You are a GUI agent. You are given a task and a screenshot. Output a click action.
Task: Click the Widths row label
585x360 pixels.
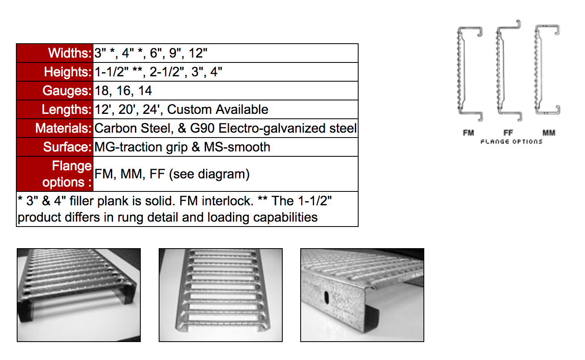[x=69, y=53]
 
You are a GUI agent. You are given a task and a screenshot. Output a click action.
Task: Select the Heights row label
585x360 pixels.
[x=67, y=72]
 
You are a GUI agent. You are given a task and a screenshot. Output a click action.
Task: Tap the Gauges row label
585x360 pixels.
[x=66, y=91]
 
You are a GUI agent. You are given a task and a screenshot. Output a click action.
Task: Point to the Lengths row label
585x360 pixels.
[x=66, y=109]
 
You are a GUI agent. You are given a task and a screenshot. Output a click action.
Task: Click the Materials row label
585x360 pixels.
[x=63, y=128]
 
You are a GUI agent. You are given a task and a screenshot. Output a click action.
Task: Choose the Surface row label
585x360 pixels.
[x=67, y=147]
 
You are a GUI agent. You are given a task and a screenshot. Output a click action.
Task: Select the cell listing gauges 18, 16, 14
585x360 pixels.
[x=123, y=91]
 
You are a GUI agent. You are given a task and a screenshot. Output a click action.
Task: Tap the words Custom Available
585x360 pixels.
[x=217, y=109]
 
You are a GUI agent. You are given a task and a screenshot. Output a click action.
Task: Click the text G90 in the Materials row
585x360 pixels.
[x=202, y=128]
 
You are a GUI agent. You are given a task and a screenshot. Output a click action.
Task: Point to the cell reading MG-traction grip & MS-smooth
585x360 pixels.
[x=182, y=147]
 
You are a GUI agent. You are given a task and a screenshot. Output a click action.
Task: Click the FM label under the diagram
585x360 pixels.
[x=468, y=133]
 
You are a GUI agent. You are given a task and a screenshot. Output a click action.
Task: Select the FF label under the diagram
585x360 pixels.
[x=508, y=133]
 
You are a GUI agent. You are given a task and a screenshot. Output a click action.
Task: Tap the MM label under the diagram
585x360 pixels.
[x=549, y=133]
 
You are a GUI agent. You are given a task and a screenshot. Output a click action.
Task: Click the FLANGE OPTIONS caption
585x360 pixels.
[x=511, y=142]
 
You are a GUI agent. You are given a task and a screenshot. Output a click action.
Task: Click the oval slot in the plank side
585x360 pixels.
[x=326, y=297]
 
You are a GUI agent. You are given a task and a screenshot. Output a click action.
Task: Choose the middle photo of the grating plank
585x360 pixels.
[x=220, y=295]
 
